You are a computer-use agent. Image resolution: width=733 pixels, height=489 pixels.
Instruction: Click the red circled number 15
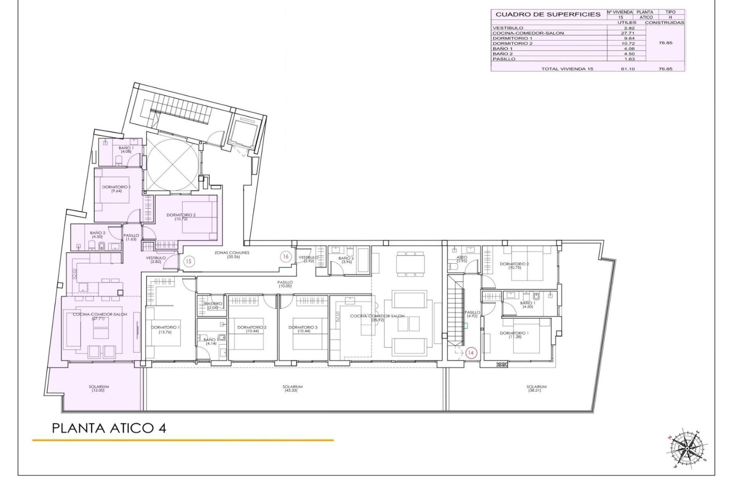point(188,262)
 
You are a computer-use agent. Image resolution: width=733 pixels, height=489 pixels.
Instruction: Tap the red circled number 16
point(286,257)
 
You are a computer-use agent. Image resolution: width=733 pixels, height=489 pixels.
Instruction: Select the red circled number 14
point(471,353)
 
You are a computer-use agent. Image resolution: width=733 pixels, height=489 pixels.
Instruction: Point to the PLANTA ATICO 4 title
point(109,428)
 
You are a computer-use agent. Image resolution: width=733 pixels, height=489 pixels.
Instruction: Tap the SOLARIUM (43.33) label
point(292,389)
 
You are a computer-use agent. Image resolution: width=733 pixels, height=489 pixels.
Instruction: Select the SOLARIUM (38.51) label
point(536,389)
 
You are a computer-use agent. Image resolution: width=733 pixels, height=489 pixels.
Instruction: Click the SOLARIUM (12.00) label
point(98,389)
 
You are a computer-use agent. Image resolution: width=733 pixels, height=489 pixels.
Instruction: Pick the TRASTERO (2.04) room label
point(212,306)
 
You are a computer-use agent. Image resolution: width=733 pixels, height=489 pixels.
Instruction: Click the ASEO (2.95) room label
point(462,259)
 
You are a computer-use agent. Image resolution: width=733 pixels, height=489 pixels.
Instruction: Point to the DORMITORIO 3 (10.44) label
point(303,329)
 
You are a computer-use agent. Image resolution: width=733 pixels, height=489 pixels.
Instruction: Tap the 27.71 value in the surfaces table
point(627,33)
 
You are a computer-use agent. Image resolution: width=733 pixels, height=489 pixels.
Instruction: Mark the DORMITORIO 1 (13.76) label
point(165,330)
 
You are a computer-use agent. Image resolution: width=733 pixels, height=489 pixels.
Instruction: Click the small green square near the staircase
point(464,325)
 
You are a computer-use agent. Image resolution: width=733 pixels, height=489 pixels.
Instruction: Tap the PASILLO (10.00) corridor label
point(285,284)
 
